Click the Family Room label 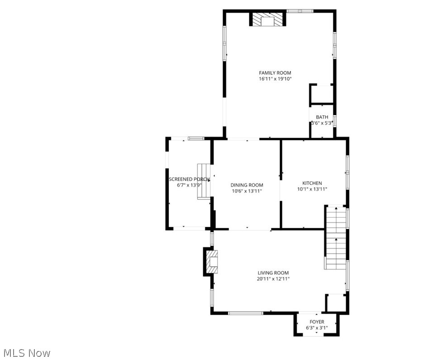point(275,73)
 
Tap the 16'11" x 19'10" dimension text point(275,79)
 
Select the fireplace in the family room point(268,20)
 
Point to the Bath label point(322,117)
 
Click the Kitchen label point(312,183)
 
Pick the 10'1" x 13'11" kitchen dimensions point(312,189)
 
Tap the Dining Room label point(247,185)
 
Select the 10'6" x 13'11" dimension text point(247,191)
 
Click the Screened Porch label point(189,179)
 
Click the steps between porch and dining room point(204,182)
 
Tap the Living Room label point(273,273)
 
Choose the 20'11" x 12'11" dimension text point(273,279)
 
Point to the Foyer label point(317,322)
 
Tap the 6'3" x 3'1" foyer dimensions point(317,328)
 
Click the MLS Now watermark point(27,352)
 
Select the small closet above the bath point(321,94)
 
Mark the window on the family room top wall point(300,10)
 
